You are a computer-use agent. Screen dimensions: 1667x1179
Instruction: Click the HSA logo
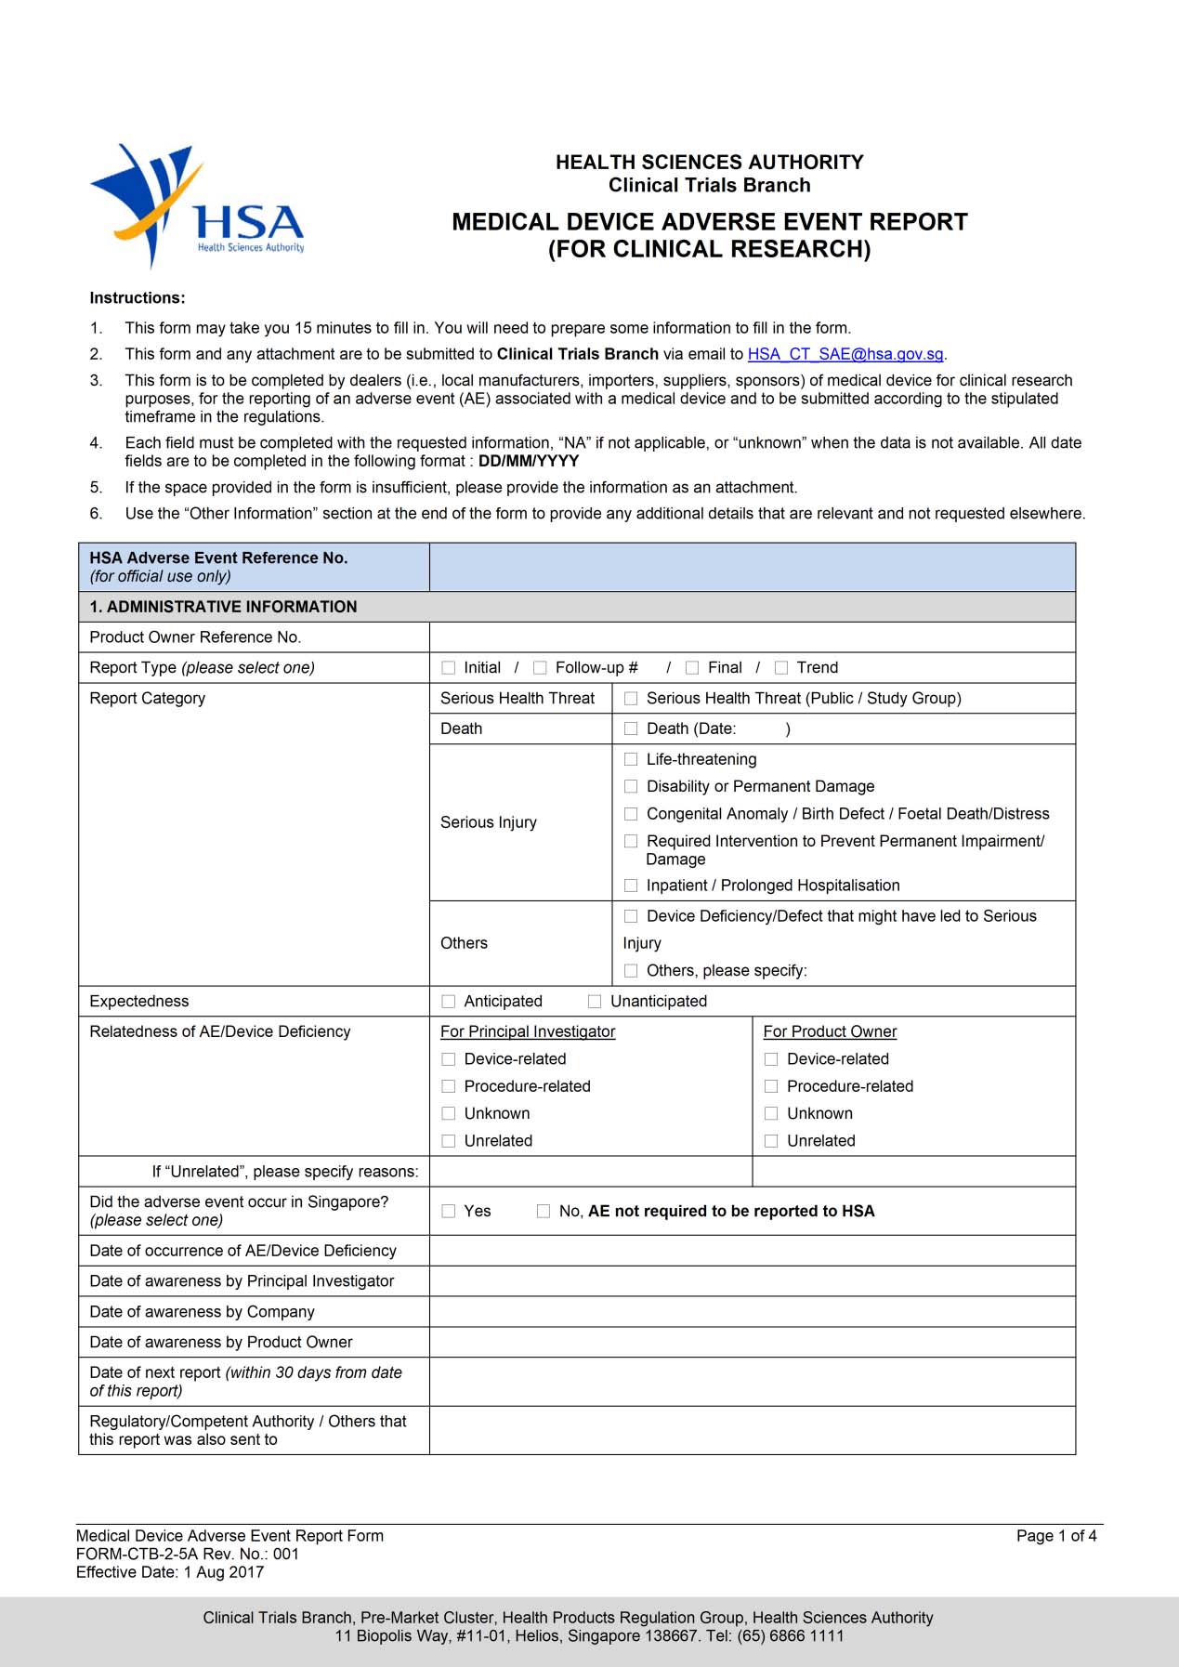tap(198, 206)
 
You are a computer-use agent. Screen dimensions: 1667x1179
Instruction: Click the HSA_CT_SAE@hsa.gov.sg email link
tap(845, 354)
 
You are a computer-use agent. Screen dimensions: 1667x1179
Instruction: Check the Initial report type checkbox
tap(449, 667)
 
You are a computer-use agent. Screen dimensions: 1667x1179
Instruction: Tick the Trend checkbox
tap(781, 667)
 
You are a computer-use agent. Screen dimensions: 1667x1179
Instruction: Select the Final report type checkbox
tap(692, 667)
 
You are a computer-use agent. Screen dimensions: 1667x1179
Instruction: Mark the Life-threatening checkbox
tap(631, 759)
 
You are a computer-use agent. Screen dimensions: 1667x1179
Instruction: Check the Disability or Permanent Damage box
tap(631, 786)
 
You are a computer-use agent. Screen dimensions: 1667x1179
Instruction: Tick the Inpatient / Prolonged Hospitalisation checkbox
tap(631, 886)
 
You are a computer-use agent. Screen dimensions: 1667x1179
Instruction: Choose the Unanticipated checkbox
tap(595, 1001)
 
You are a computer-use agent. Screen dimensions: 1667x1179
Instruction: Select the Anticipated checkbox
tap(449, 1001)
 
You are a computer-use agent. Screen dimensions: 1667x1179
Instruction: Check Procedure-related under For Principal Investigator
tap(449, 1086)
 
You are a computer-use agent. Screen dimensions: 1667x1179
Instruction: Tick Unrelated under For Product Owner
tap(771, 1141)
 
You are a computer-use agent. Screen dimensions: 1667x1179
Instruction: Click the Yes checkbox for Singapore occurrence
tap(449, 1211)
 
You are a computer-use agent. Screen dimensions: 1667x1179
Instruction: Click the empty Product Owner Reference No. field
tap(752, 637)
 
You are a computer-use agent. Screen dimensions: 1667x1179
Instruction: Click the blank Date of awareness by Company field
tap(752, 1311)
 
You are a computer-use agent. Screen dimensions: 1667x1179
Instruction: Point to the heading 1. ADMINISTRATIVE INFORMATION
tap(223, 607)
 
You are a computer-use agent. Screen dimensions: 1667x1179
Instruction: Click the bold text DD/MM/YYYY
tap(528, 461)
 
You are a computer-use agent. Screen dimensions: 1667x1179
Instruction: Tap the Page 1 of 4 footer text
tap(1055, 1536)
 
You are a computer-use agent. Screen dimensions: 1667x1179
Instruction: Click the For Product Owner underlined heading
tap(830, 1031)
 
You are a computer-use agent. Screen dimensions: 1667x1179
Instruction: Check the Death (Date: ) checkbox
tap(631, 728)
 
